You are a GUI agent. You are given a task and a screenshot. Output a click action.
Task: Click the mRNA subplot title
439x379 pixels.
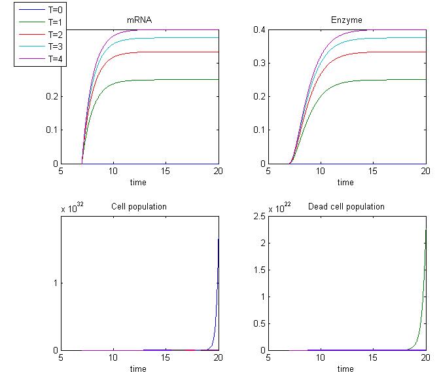139,20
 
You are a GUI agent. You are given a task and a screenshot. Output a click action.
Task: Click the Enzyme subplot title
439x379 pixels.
347,20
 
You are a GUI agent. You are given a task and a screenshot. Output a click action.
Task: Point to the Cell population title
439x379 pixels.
139,207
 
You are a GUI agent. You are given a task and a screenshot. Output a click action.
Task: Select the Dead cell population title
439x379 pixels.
346,207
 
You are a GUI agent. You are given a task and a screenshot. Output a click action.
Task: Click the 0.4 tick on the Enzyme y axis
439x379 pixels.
258,30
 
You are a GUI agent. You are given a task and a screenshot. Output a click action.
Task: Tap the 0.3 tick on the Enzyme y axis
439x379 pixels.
258,63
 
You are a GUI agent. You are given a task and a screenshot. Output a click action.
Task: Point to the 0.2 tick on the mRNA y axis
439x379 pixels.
51,97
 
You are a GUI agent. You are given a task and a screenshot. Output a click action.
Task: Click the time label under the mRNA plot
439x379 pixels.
138,182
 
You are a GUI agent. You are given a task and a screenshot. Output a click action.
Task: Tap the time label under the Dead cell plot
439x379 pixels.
345,369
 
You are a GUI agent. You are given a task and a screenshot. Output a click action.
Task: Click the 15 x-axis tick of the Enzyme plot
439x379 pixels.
373,171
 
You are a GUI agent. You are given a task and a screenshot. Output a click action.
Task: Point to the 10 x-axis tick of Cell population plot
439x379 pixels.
113,359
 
